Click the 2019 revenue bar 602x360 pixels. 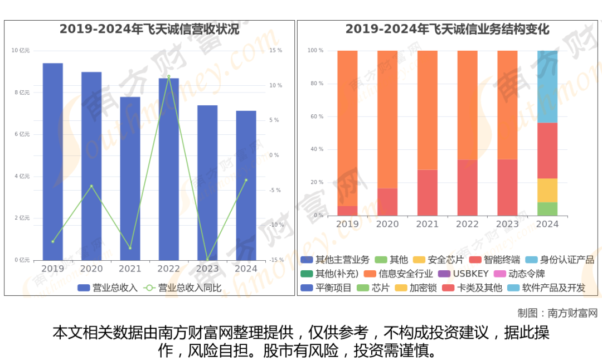coord(53,162)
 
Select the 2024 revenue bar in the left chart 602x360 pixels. coord(246,186)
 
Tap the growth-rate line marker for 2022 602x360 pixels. coord(169,76)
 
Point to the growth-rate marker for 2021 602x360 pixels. coord(130,248)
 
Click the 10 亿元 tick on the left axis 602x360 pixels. coord(21,51)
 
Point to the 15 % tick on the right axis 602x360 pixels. coord(276,51)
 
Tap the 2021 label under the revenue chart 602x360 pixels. coord(130,269)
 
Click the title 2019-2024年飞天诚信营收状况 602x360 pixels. coord(149,29)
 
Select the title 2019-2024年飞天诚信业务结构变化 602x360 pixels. coord(448,29)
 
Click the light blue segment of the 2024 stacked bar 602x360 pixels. coord(547,86)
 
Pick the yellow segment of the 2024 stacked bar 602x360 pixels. coord(547,190)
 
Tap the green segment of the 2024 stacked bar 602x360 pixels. coord(547,209)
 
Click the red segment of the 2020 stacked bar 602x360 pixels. coord(387,202)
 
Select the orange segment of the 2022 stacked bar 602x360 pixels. coord(467,105)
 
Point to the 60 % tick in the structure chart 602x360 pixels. coord(316,116)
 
